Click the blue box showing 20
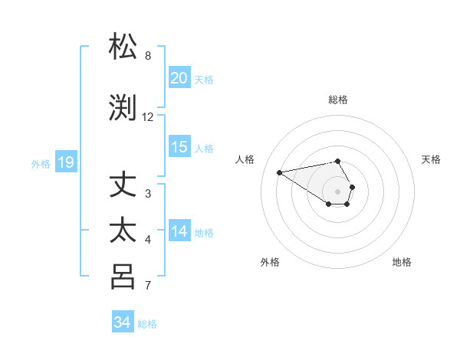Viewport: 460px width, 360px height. [x=179, y=78]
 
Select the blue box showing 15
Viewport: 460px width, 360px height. [x=179, y=147]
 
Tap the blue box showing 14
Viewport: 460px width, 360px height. [x=179, y=232]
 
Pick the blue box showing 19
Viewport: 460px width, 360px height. [x=65, y=162]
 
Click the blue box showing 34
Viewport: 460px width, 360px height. [x=123, y=322]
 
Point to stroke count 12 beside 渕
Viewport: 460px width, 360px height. [x=148, y=117]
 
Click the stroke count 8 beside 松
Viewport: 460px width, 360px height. [x=148, y=56]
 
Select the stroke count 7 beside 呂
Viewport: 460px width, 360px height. [x=148, y=286]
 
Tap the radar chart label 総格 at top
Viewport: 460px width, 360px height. [x=338, y=100]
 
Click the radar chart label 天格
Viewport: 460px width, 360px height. [x=431, y=159]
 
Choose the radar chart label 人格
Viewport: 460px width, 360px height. [x=245, y=159]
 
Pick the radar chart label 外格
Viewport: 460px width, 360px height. [x=270, y=262]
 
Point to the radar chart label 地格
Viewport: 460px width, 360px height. [x=402, y=262]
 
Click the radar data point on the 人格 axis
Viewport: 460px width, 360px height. [x=280, y=172]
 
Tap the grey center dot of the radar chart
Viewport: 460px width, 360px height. [x=338, y=191]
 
